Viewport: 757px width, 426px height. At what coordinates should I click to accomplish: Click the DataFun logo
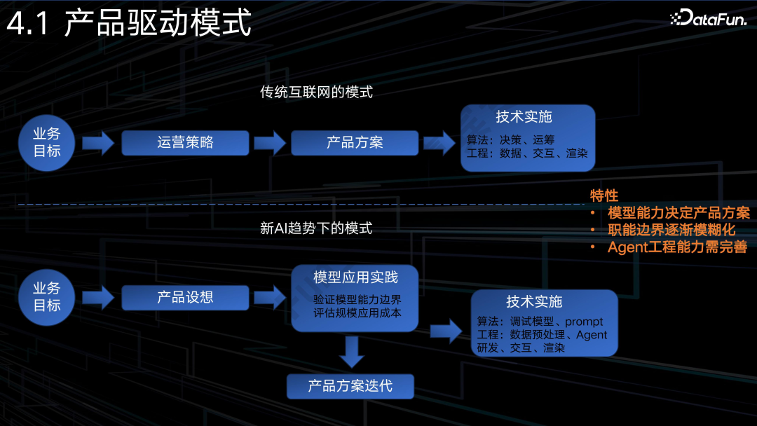[x=707, y=18]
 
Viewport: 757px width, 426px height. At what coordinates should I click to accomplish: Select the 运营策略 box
[x=185, y=143]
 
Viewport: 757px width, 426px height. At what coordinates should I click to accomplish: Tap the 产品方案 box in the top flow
[x=355, y=143]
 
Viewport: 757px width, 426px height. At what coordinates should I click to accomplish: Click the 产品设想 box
[x=185, y=297]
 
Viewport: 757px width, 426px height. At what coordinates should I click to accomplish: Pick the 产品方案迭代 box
[x=350, y=386]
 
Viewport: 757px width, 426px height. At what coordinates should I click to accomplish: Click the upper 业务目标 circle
[x=47, y=143]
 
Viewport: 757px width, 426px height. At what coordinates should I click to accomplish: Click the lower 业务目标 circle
[x=47, y=297]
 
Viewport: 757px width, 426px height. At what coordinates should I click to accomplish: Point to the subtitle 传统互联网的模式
[x=316, y=92]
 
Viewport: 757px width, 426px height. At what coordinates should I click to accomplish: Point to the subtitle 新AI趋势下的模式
[x=316, y=228]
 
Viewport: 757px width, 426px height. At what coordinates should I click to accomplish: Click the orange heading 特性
[x=603, y=195]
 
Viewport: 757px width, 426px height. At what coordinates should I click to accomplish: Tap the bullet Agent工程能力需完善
[x=677, y=247]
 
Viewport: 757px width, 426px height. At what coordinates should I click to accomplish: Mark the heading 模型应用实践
[x=355, y=277]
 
